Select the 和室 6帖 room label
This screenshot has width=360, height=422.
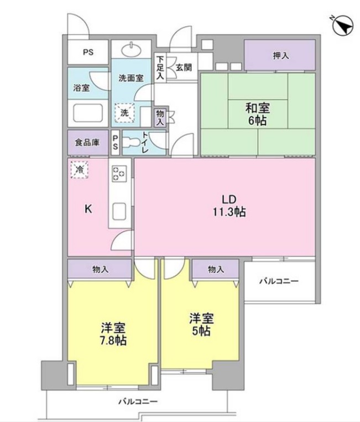[257, 113]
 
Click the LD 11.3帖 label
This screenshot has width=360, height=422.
[229, 205]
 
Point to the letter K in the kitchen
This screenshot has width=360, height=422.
[87, 209]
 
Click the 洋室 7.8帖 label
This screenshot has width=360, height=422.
[113, 334]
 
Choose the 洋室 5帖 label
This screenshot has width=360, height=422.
[201, 325]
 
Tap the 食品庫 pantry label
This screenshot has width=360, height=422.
[87, 143]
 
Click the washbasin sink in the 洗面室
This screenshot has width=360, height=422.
[133, 51]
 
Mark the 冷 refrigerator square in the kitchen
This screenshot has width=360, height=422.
[79, 169]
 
